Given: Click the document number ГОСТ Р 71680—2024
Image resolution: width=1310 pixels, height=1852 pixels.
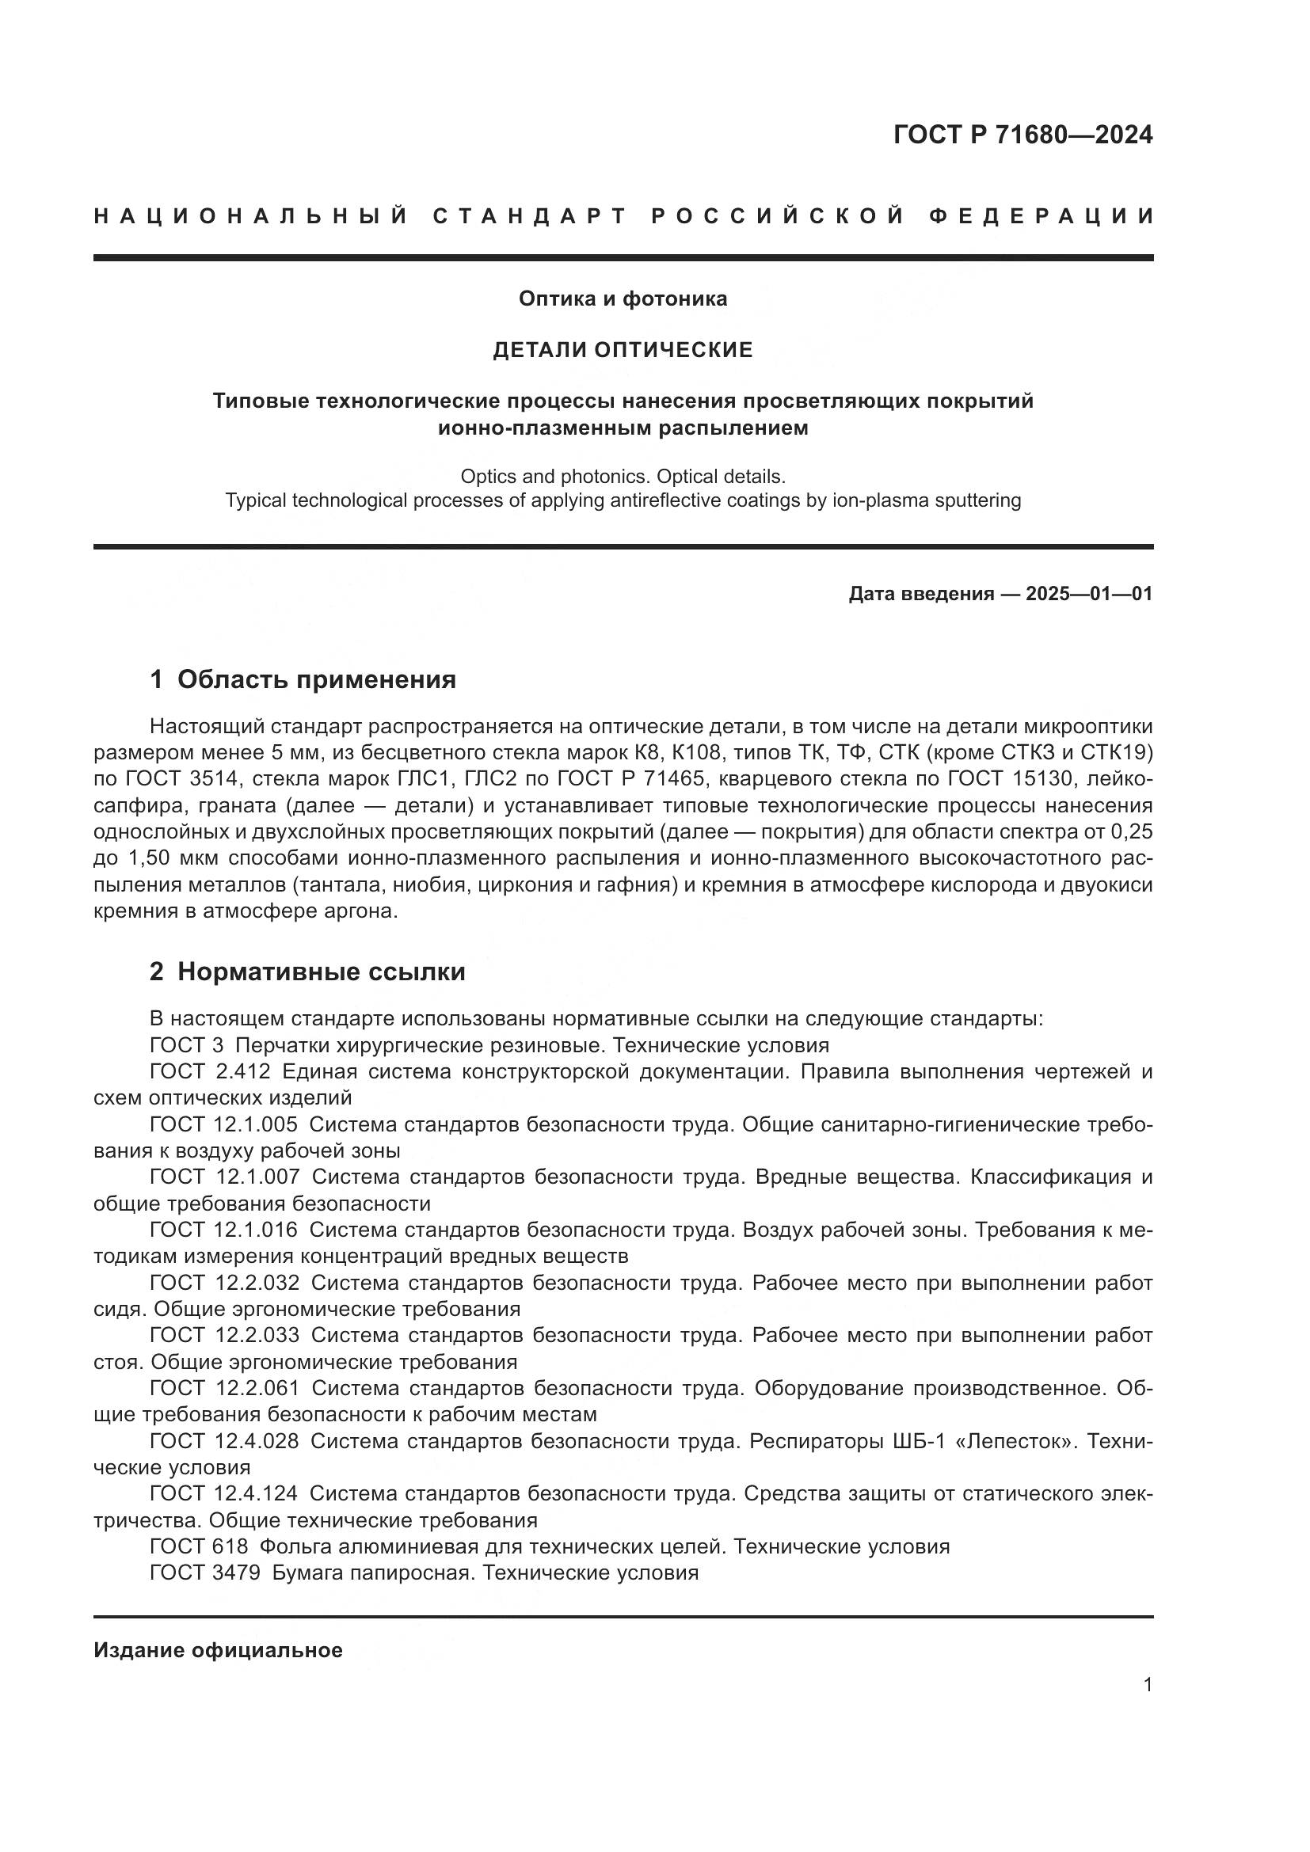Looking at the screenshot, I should (x=1022, y=135).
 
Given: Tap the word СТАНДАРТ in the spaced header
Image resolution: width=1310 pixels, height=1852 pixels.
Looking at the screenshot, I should (x=530, y=216).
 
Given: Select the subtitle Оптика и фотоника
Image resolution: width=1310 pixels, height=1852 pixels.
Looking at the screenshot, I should (x=623, y=299).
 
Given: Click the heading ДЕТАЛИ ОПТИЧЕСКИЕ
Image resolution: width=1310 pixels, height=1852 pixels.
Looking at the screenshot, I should (x=623, y=349).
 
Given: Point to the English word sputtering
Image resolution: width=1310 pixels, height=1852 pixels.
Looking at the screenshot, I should (x=977, y=500).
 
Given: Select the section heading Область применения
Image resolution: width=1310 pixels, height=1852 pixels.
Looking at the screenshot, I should (x=316, y=679).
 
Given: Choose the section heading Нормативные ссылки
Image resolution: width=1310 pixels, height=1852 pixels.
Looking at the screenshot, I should (x=321, y=972).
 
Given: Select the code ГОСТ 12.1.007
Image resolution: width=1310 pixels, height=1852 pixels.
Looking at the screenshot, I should (x=224, y=1177).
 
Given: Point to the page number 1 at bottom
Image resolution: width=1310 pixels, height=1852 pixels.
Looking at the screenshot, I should (x=1148, y=1684).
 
